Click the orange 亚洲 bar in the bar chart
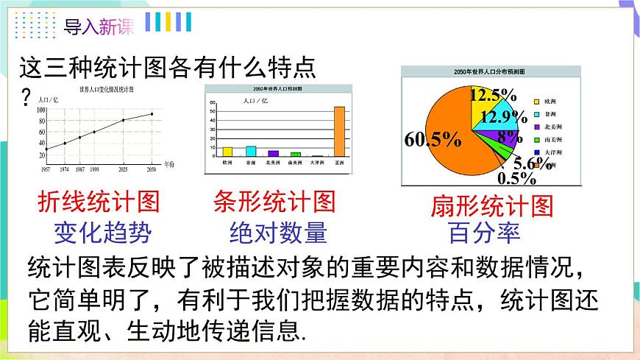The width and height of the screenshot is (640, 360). [339, 132]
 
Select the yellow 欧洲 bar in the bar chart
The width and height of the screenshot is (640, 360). [227, 152]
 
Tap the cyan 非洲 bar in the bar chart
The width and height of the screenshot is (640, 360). [251, 151]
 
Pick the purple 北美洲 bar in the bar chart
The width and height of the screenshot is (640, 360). [273, 153]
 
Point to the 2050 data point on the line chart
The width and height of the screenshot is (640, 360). [152, 113]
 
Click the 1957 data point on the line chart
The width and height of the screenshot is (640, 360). [46, 149]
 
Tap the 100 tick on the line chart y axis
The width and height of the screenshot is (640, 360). [40, 110]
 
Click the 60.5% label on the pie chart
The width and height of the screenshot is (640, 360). [432, 138]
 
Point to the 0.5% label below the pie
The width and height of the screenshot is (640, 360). [518, 177]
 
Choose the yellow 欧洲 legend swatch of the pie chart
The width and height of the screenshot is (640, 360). [538, 100]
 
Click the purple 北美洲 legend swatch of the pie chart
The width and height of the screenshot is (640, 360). [538, 127]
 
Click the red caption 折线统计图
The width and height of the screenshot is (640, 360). [98, 202]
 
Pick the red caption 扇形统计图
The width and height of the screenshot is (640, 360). [491, 206]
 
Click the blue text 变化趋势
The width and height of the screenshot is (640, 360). [102, 233]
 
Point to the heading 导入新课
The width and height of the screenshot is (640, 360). [99, 28]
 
